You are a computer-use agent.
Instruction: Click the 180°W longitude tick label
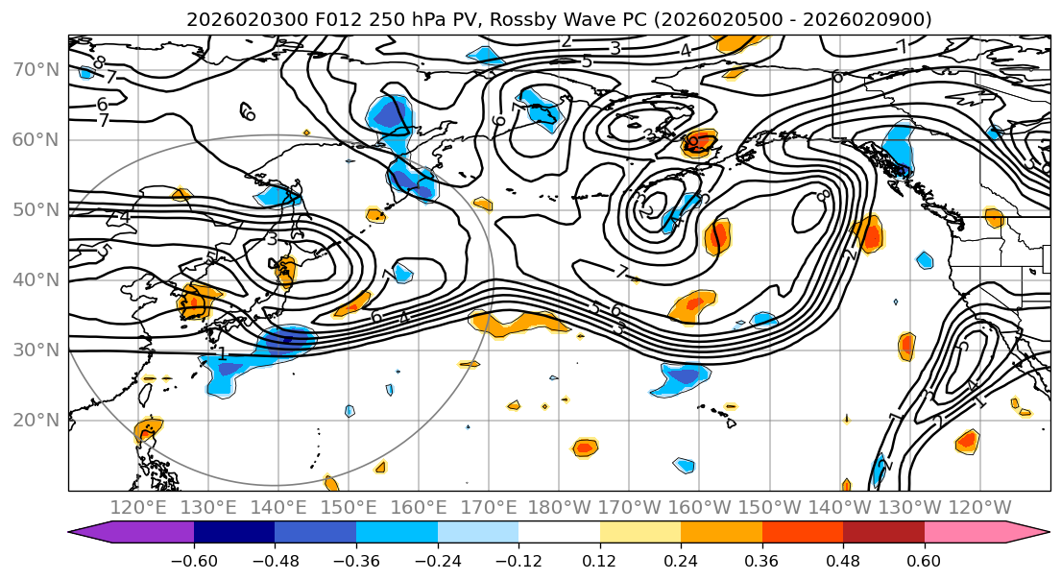[x=560, y=507]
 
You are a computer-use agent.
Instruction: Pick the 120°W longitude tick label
[x=980, y=507]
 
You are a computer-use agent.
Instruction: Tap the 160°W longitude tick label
[x=700, y=507]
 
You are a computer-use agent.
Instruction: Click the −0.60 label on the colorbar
[x=194, y=562]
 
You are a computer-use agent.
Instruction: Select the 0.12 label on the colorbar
[x=599, y=562]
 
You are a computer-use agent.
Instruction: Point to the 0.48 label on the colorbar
[x=843, y=562]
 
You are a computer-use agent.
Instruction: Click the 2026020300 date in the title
[x=235, y=19]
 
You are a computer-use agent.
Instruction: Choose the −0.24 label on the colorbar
[x=437, y=562]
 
